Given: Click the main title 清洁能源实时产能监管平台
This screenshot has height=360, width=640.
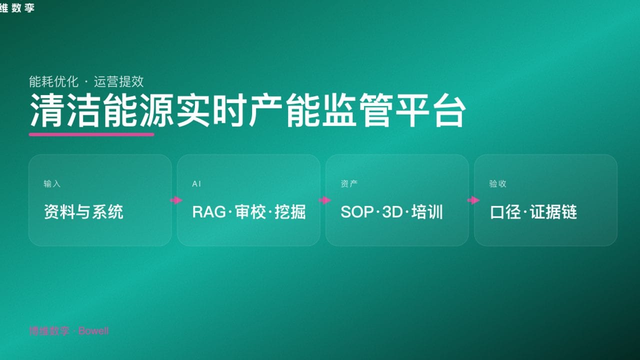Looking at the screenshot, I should point(247,110).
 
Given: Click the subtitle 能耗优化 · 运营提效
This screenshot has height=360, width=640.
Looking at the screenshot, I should point(86,81).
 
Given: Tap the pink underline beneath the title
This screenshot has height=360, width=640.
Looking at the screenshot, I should point(91,134).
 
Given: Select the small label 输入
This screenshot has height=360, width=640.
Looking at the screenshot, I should point(52,184).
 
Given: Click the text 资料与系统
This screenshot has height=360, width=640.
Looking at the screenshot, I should point(83,212).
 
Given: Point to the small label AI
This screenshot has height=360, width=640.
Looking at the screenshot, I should point(196,184).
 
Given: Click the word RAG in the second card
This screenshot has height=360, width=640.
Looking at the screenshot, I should point(208,212).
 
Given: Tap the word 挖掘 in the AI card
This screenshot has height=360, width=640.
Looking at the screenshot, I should point(290,212).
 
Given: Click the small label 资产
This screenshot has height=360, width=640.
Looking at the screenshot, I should point(349,184).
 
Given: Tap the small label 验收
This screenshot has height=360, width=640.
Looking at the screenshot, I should point(497,184).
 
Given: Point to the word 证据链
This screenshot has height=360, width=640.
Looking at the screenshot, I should point(553,212).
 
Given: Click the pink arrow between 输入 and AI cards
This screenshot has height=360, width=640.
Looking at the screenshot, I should point(176,200).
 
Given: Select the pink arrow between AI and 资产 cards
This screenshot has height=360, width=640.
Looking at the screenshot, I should point(324,200).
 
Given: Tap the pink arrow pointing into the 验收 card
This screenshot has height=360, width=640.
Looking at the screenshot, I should point(473,200).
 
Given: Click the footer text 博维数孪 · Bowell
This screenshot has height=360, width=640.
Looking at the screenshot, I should point(68,331).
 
